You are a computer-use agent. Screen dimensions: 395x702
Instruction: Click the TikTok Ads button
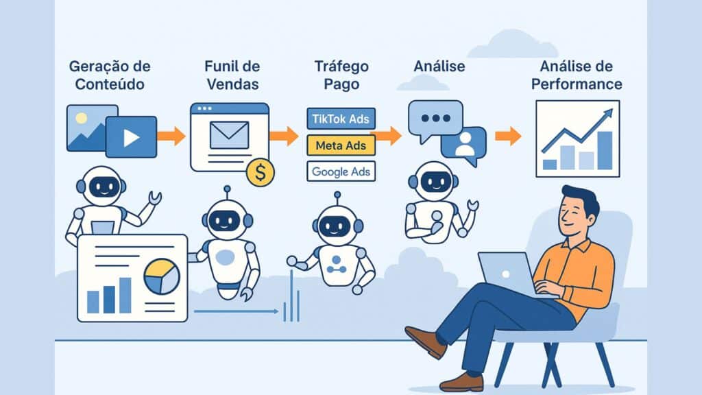point(340,119)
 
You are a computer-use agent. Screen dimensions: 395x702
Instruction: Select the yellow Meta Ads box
point(340,145)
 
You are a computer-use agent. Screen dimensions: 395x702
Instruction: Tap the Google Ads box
point(340,171)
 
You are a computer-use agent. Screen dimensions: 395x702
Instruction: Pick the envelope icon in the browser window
point(229,134)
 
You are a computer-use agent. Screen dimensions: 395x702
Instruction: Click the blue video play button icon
point(131,136)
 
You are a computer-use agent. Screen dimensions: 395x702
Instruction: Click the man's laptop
point(507,274)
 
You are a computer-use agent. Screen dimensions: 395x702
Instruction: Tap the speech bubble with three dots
point(435,119)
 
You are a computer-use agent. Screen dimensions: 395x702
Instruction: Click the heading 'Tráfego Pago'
point(341,75)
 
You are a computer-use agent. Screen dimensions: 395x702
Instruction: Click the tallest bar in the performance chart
point(604,149)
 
